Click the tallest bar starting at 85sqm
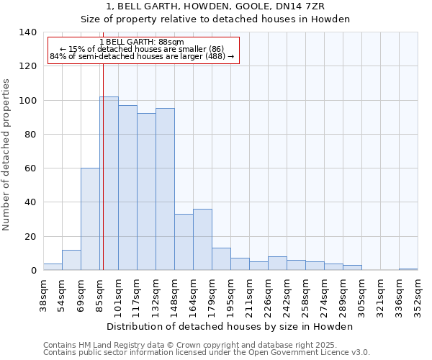coord(109,184)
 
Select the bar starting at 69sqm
coord(90,219)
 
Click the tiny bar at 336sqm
coord(408,269)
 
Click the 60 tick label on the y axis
coord(30,168)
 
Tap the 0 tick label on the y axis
coord(33,271)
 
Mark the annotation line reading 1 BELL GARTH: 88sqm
coord(142,42)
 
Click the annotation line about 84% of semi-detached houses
coord(142,56)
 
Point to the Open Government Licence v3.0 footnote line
coord(207,353)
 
